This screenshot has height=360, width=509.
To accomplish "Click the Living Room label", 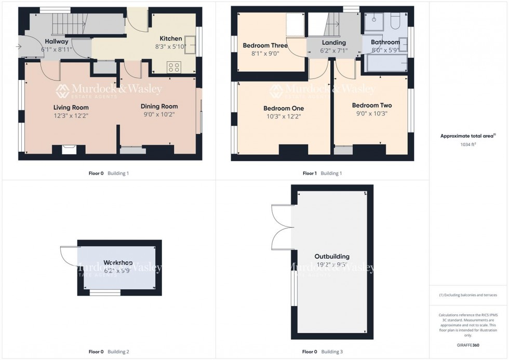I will pyautogui.click(x=71, y=108).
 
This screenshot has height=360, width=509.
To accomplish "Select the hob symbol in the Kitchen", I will pyautogui.click(x=174, y=66).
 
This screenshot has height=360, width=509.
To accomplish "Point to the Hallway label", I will pyautogui.click(x=57, y=41).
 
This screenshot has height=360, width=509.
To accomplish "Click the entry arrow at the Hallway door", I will pyautogui.click(x=19, y=47).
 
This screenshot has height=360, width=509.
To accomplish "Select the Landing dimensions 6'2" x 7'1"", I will pyautogui.click(x=333, y=51).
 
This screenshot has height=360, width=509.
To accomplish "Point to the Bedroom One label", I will pyautogui.click(x=283, y=108).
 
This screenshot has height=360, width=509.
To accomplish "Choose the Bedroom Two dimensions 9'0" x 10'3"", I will pyautogui.click(x=372, y=113).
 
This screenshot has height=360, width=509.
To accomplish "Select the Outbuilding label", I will pyautogui.click(x=332, y=256).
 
